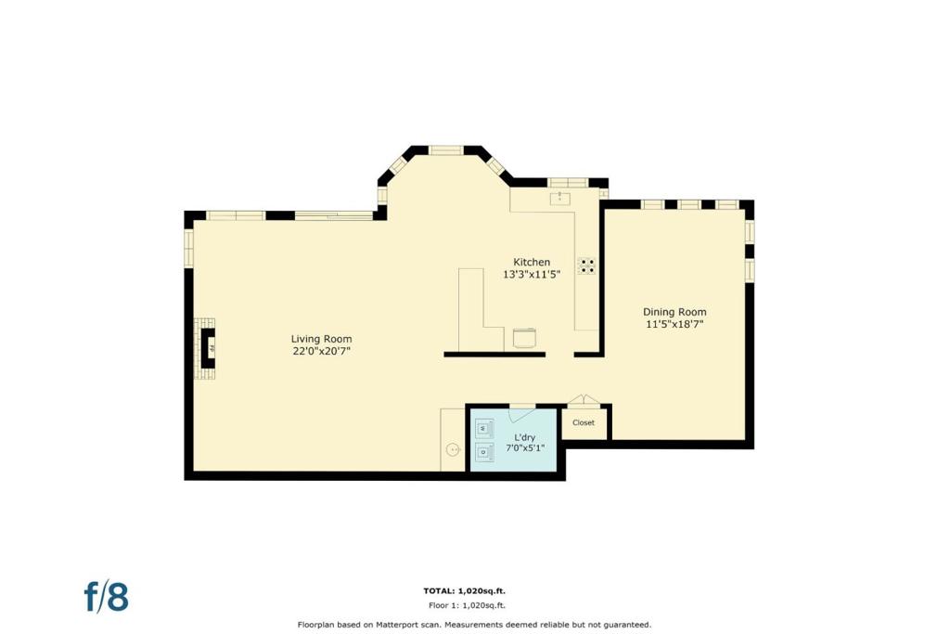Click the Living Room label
(321, 339)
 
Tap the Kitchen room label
(532, 262)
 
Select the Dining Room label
(674, 312)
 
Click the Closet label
(584, 422)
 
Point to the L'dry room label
(525, 437)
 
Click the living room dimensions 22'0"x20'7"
(321, 351)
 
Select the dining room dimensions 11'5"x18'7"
(674, 324)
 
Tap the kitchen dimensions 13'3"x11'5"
(532, 275)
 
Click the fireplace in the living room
(205, 348)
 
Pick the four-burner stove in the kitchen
(586, 266)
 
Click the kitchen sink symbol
(559, 199)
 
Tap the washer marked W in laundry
(483, 429)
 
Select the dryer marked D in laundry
(483, 451)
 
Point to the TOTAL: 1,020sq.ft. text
(464, 590)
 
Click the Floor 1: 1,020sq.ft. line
(467, 605)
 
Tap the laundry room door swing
(522, 413)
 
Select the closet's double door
(584, 399)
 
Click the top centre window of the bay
(446, 149)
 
